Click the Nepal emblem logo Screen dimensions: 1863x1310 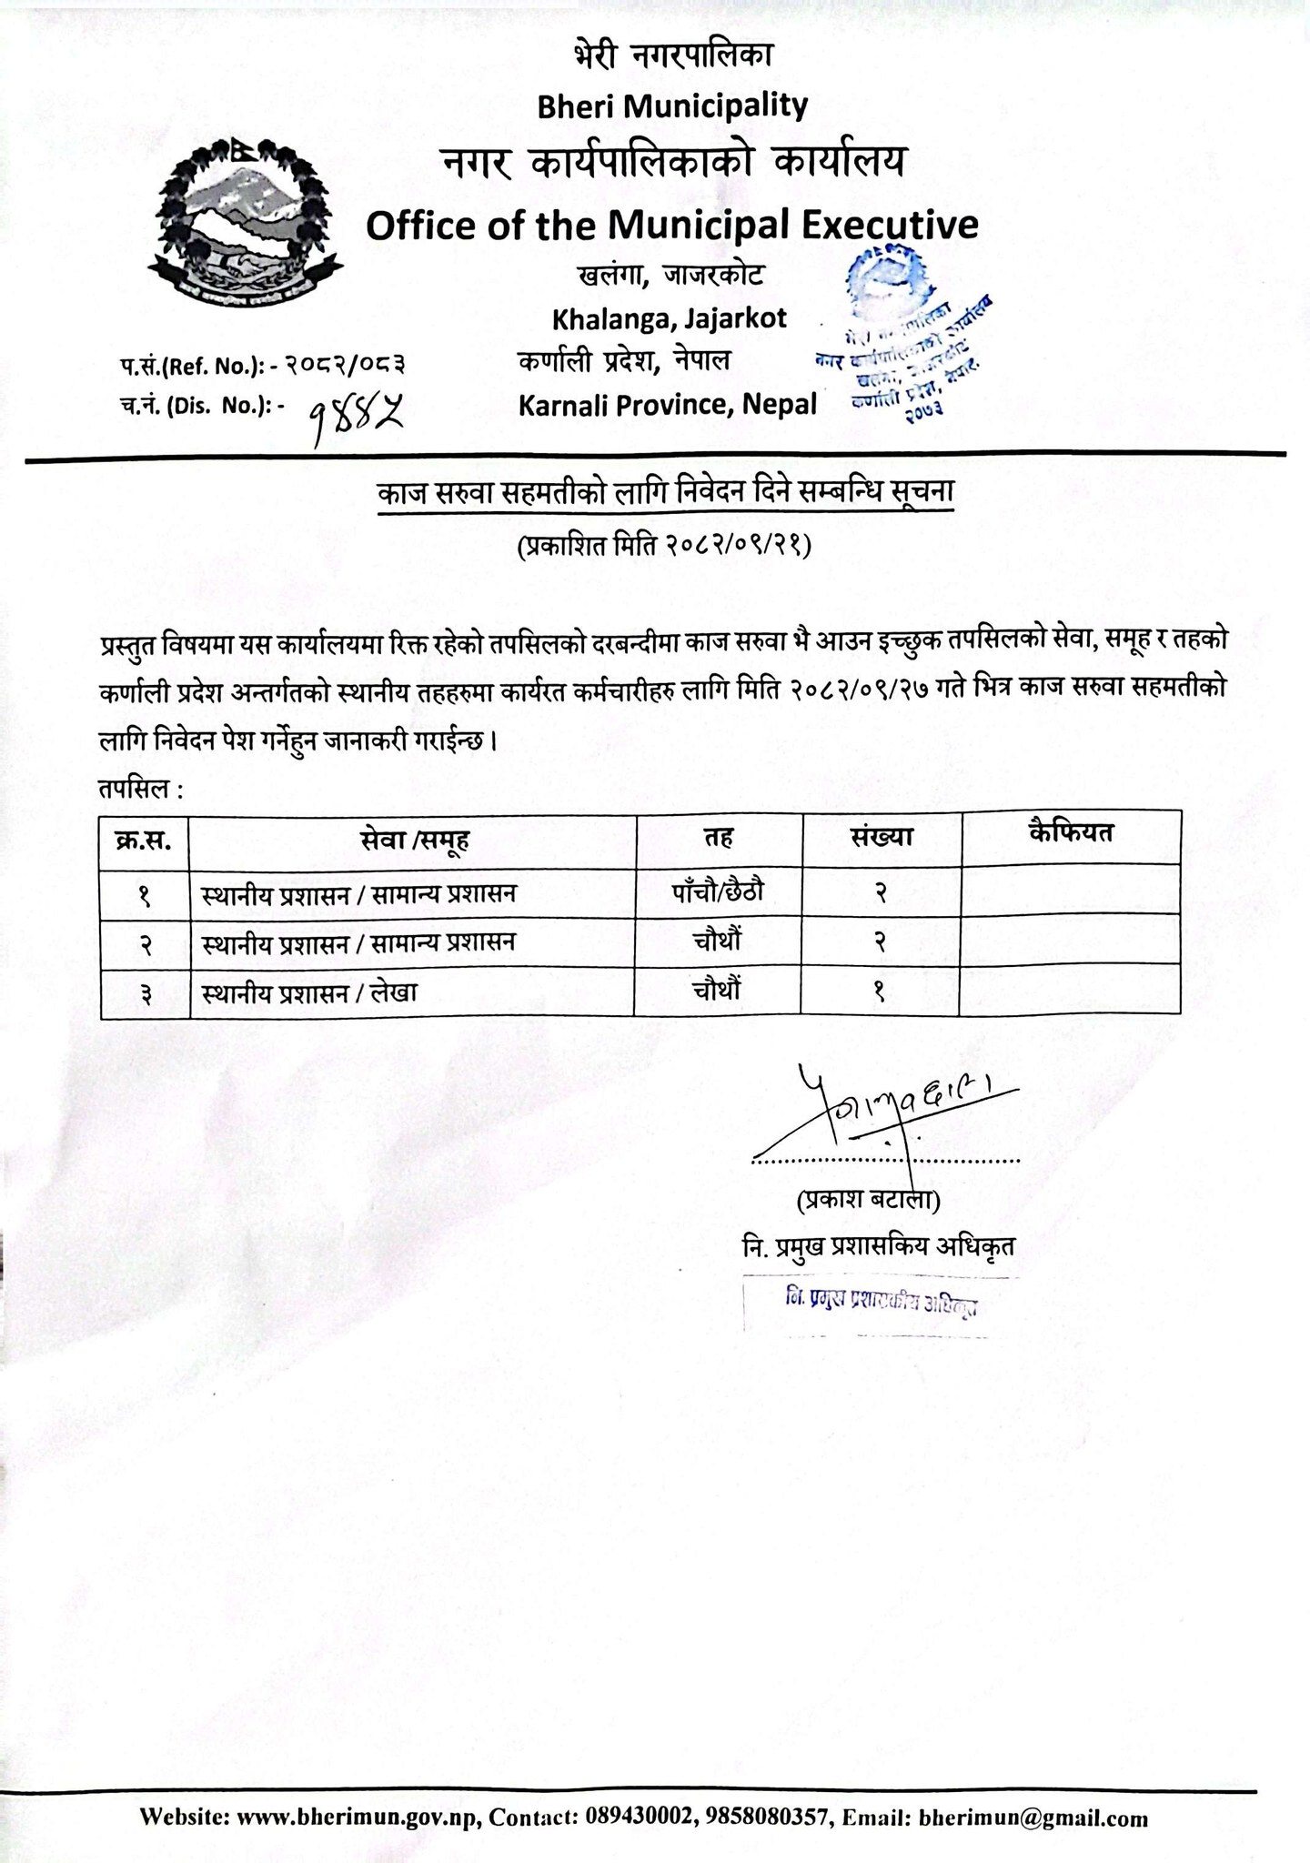click(x=246, y=223)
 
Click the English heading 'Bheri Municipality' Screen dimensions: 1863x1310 click(x=672, y=106)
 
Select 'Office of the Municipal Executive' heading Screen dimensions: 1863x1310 click(x=671, y=225)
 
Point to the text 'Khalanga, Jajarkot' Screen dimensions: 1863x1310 click(x=670, y=318)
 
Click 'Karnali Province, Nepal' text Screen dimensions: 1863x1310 click(x=668, y=404)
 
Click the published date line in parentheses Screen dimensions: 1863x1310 click(x=664, y=546)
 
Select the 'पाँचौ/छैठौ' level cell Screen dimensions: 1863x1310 click(x=718, y=891)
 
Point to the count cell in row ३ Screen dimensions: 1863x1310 click(x=880, y=992)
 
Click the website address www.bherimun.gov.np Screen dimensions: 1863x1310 click(x=358, y=1792)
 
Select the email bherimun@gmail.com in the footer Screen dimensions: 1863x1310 click(x=1033, y=1792)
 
